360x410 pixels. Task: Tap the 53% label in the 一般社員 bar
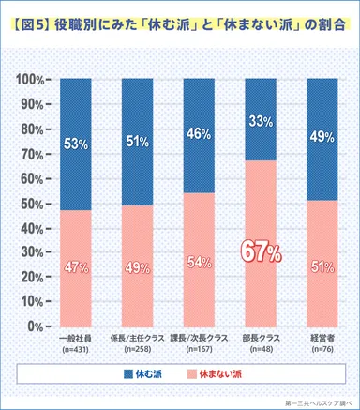(77, 144)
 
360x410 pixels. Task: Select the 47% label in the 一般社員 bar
(77, 266)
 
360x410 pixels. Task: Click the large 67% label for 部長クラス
(262, 251)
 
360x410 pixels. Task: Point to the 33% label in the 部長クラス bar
(262, 120)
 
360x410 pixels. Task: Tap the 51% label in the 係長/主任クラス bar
(139, 142)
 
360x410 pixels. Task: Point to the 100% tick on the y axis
(30, 79)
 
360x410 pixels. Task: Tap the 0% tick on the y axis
(36, 326)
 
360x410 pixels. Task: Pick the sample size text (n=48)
(262, 350)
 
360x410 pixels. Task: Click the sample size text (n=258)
(139, 350)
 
